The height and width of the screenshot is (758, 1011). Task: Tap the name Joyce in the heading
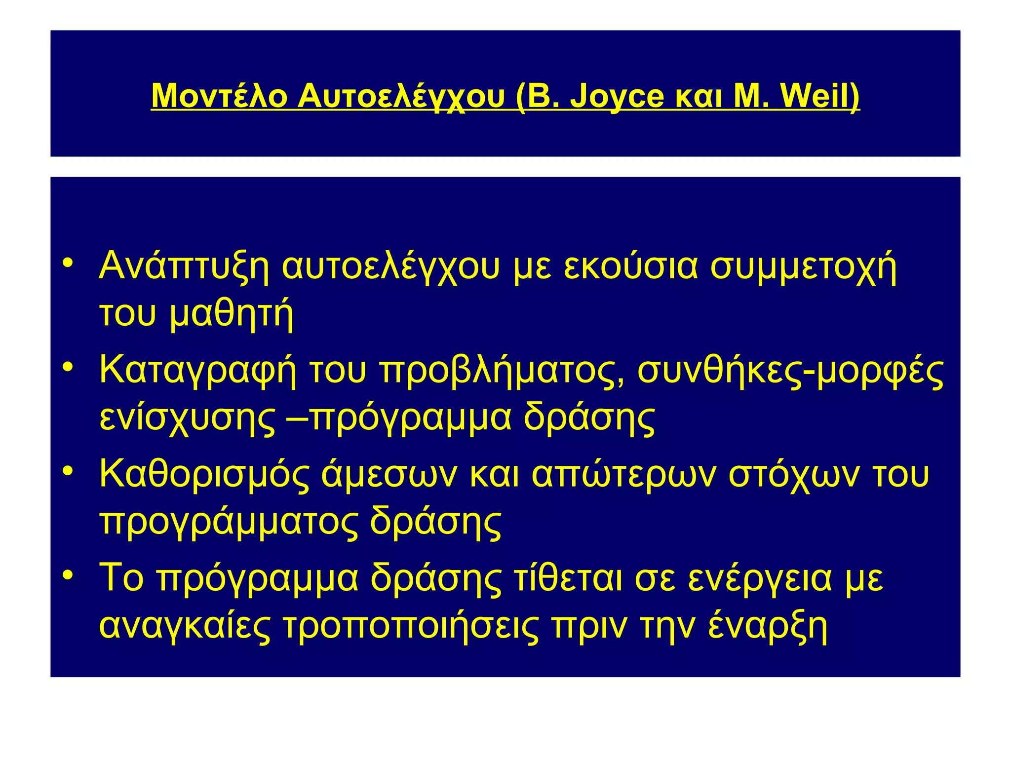tap(617, 96)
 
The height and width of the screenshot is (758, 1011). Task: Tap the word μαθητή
tap(232, 313)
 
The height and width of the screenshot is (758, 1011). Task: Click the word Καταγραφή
tap(198, 370)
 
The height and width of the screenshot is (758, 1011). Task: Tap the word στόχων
tap(795, 474)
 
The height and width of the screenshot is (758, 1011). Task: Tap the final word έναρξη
tap(768, 626)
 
